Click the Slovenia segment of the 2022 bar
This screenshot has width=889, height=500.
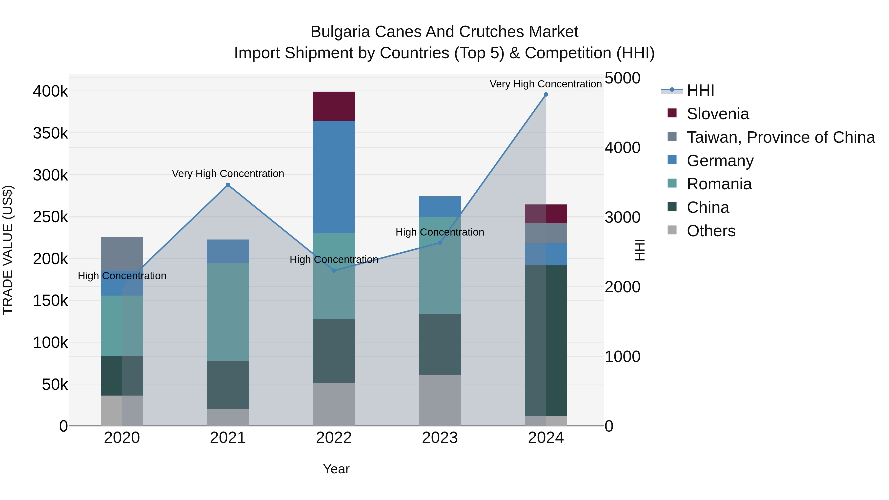point(334,106)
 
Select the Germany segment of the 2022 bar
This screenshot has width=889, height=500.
point(334,177)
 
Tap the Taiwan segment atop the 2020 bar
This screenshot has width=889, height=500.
point(122,254)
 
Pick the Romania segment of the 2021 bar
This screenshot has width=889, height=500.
point(228,312)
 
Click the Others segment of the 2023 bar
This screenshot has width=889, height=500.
point(440,400)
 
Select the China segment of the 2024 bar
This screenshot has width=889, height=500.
point(546,340)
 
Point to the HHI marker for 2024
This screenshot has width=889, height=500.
point(546,95)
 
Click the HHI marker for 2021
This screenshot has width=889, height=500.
point(228,185)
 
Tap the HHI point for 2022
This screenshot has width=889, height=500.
point(334,271)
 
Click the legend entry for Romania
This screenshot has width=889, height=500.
point(719,184)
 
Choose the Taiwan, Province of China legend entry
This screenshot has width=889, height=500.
point(780,137)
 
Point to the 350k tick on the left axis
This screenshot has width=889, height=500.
point(50,133)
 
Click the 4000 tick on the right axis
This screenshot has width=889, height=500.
point(622,148)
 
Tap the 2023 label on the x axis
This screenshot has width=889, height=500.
point(440,438)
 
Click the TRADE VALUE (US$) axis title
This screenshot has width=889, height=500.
point(8,250)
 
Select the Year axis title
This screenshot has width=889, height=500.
point(336,469)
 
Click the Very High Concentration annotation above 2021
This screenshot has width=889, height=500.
point(228,174)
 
